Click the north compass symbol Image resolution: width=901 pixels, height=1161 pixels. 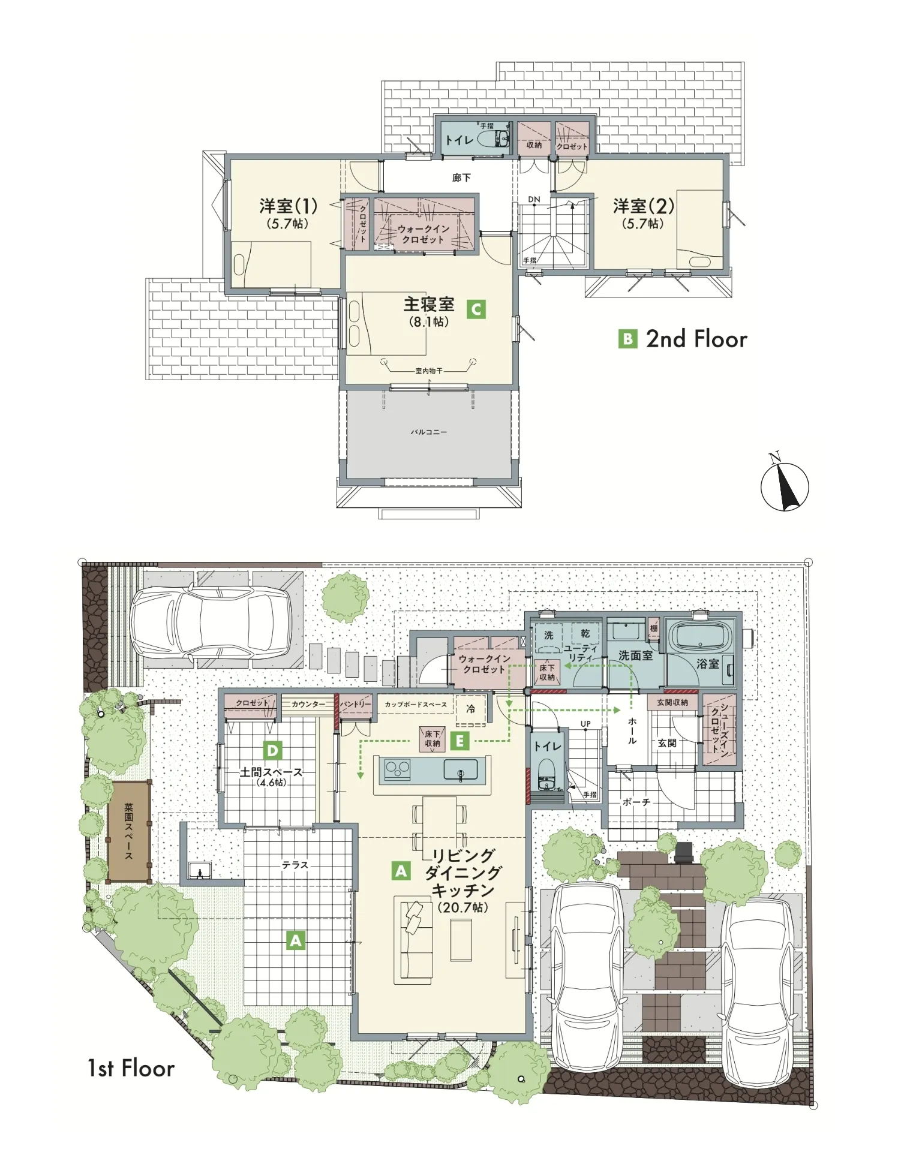[784, 485]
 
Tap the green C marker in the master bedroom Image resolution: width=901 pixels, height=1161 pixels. [476, 309]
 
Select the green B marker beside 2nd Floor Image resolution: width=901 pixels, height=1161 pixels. [627, 339]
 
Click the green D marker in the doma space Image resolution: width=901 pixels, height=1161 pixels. [273, 750]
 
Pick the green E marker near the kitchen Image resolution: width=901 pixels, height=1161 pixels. [460, 741]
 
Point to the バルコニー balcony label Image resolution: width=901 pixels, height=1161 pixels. [428, 432]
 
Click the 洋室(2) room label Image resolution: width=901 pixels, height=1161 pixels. [643, 206]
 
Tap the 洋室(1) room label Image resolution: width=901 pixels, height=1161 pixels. [288, 206]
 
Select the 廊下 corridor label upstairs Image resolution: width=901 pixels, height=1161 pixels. [461, 178]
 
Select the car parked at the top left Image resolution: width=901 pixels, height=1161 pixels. [211, 622]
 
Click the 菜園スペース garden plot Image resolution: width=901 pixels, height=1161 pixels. [129, 832]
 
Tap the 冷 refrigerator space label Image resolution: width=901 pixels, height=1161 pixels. [471, 709]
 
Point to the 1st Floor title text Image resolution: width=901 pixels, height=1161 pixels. [131, 1068]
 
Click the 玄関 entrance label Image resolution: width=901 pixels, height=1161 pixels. [666, 743]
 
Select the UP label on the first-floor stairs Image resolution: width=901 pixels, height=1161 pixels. [585, 724]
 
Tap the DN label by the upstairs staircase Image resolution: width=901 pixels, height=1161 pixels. [534, 200]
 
